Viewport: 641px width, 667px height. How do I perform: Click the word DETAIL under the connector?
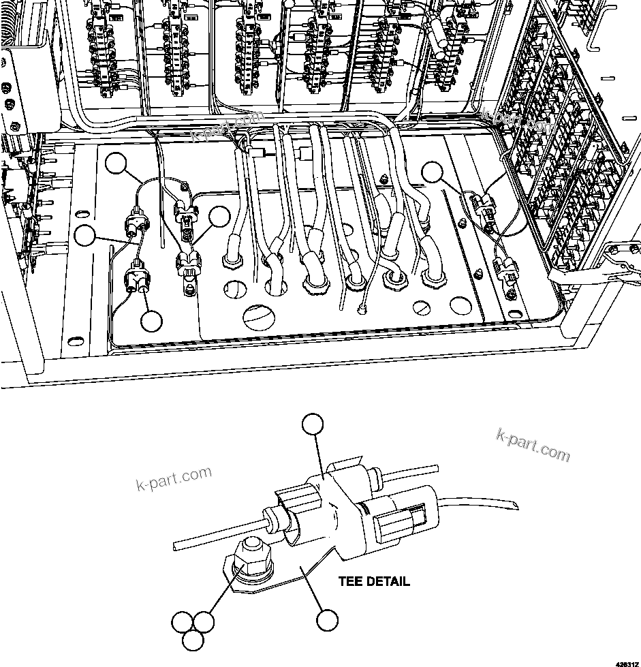pos(388,581)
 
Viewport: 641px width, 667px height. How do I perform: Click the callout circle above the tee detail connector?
pos(313,424)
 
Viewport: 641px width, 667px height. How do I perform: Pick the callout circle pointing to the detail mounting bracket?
pos(327,620)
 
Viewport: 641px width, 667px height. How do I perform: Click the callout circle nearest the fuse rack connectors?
pos(432,171)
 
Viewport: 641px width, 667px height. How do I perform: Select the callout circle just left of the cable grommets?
pos(219,217)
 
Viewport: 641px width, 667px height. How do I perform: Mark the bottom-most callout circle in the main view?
pos(151,320)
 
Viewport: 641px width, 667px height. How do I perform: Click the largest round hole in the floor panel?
pos(262,315)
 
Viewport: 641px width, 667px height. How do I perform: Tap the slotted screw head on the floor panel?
pos(422,309)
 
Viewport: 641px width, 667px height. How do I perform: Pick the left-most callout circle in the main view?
pos(85,236)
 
